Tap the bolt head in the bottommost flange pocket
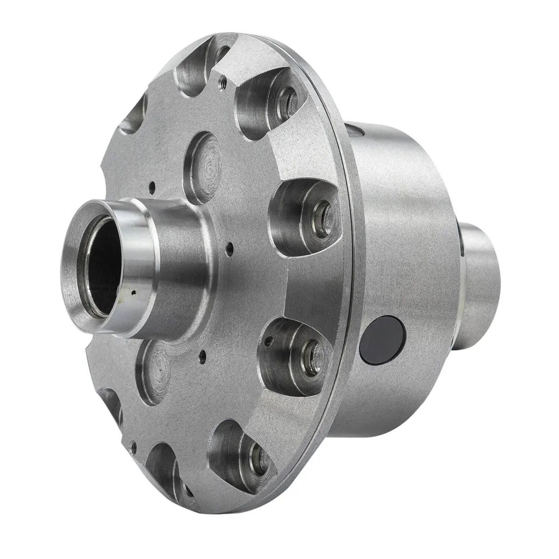pos(256,455)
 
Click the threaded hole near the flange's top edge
pos(223,83)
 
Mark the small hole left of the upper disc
pos(152,188)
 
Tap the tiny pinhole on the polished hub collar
pos(133,293)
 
